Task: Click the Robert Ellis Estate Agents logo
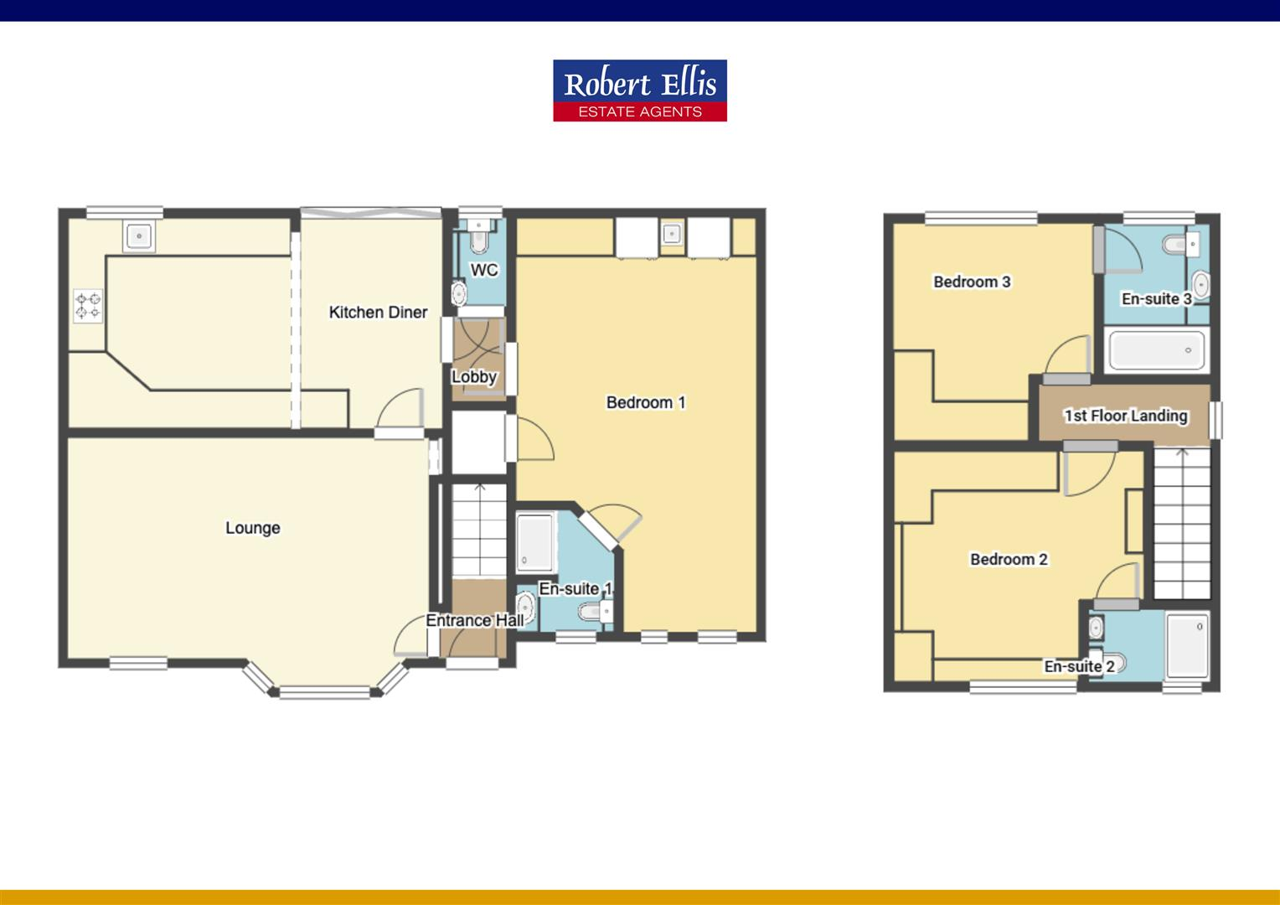(639, 90)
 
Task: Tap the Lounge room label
(252, 528)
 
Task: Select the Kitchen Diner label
(378, 313)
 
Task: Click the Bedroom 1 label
(646, 403)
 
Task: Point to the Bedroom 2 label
(1009, 560)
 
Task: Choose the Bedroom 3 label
(972, 282)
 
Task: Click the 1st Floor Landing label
(1125, 416)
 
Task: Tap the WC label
(484, 270)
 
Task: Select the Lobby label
(474, 377)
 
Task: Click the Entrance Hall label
(474, 621)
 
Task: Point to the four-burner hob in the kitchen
(88, 306)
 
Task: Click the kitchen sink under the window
(138, 236)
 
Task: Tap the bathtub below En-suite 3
(1156, 350)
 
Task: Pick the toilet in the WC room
(479, 240)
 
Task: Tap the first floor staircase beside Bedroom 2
(1182, 523)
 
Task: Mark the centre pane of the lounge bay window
(324, 692)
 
